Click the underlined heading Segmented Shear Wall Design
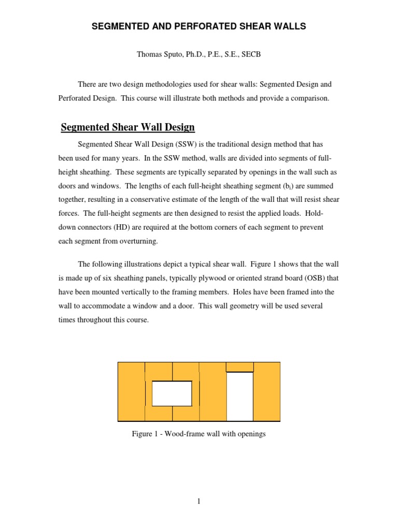(x=128, y=127)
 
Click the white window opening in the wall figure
(x=172, y=393)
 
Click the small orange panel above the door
(x=239, y=366)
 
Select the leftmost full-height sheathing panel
(x=131, y=391)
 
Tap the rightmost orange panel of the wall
(x=267, y=391)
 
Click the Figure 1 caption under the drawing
(x=199, y=434)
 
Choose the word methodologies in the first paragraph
(x=162, y=84)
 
